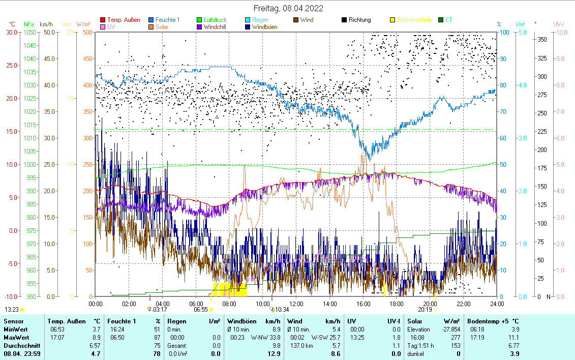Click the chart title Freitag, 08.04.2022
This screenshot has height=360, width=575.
[288, 9]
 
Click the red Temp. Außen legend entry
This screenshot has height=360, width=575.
[124, 20]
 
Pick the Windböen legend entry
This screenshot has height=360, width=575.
[264, 27]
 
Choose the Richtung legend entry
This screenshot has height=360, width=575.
[359, 20]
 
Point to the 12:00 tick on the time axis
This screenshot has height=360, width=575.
[296, 304]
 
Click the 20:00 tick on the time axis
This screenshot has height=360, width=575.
[430, 304]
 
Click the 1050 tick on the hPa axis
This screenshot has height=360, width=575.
[29, 32]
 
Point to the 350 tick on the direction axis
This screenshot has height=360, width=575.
[542, 39]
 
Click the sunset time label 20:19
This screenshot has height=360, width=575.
[425, 309]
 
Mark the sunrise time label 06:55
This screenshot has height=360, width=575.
[201, 309]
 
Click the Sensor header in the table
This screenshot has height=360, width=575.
[13, 321]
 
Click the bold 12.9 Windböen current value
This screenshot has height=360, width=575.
[274, 353]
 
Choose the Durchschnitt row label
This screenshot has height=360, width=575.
[20, 345]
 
